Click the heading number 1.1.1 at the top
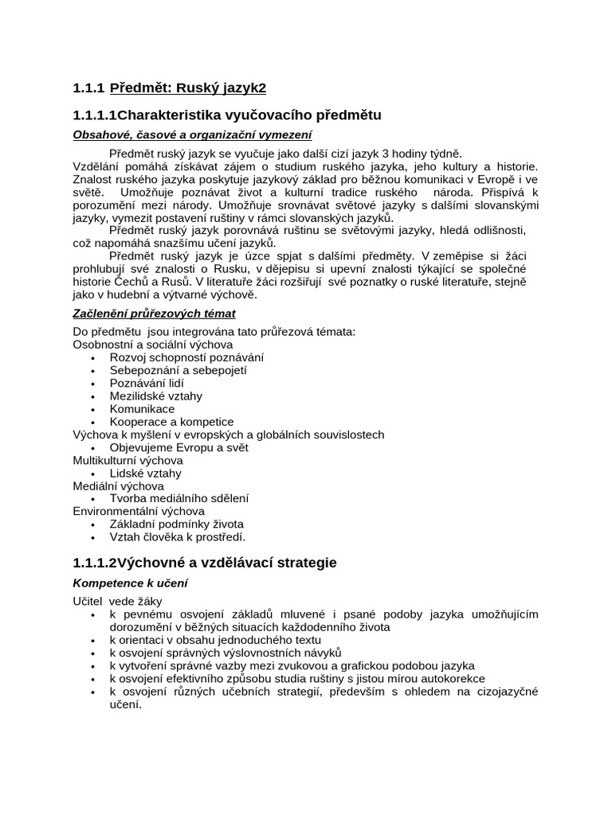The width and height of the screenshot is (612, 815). (88, 88)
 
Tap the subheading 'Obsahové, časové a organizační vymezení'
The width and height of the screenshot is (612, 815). (192, 135)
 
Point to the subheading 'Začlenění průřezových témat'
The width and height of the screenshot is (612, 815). (154, 313)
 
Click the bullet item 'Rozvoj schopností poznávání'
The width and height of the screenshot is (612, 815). (186, 357)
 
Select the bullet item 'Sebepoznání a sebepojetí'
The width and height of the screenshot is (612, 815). (178, 370)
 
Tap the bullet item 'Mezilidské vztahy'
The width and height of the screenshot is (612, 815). (156, 396)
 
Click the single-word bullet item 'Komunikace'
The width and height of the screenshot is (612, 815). (142, 408)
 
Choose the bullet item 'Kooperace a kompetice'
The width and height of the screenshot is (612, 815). (172, 421)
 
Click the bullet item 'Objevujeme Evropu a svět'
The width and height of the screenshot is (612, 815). (179, 447)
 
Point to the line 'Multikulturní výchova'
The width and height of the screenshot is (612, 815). (127, 460)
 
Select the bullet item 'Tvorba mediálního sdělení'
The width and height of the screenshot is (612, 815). (179, 498)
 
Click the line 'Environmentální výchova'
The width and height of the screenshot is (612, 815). (139, 511)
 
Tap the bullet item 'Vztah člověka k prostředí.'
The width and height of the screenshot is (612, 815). (178, 536)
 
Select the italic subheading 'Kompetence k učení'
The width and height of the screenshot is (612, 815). (130, 583)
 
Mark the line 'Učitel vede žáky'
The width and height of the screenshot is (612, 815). (117, 602)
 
